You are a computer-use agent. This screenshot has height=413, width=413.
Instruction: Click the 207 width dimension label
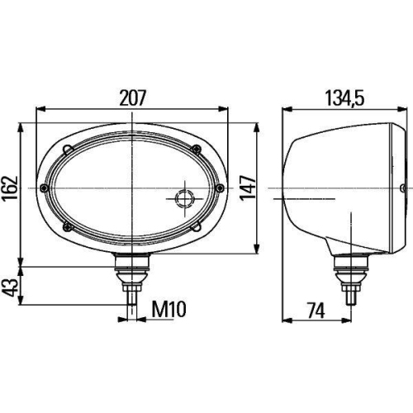pyautogui.click(x=132, y=97)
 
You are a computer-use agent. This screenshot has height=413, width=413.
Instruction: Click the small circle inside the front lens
pyautogui.click(x=183, y=197)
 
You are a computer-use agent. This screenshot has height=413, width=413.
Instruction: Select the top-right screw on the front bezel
pyautogui.click(x=196, y=149)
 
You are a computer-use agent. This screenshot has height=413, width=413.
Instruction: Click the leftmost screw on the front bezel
pyautogui.click(x=45, y=188)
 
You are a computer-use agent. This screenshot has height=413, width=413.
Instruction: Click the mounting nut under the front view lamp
pyautogui.click(x=131, y=266)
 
